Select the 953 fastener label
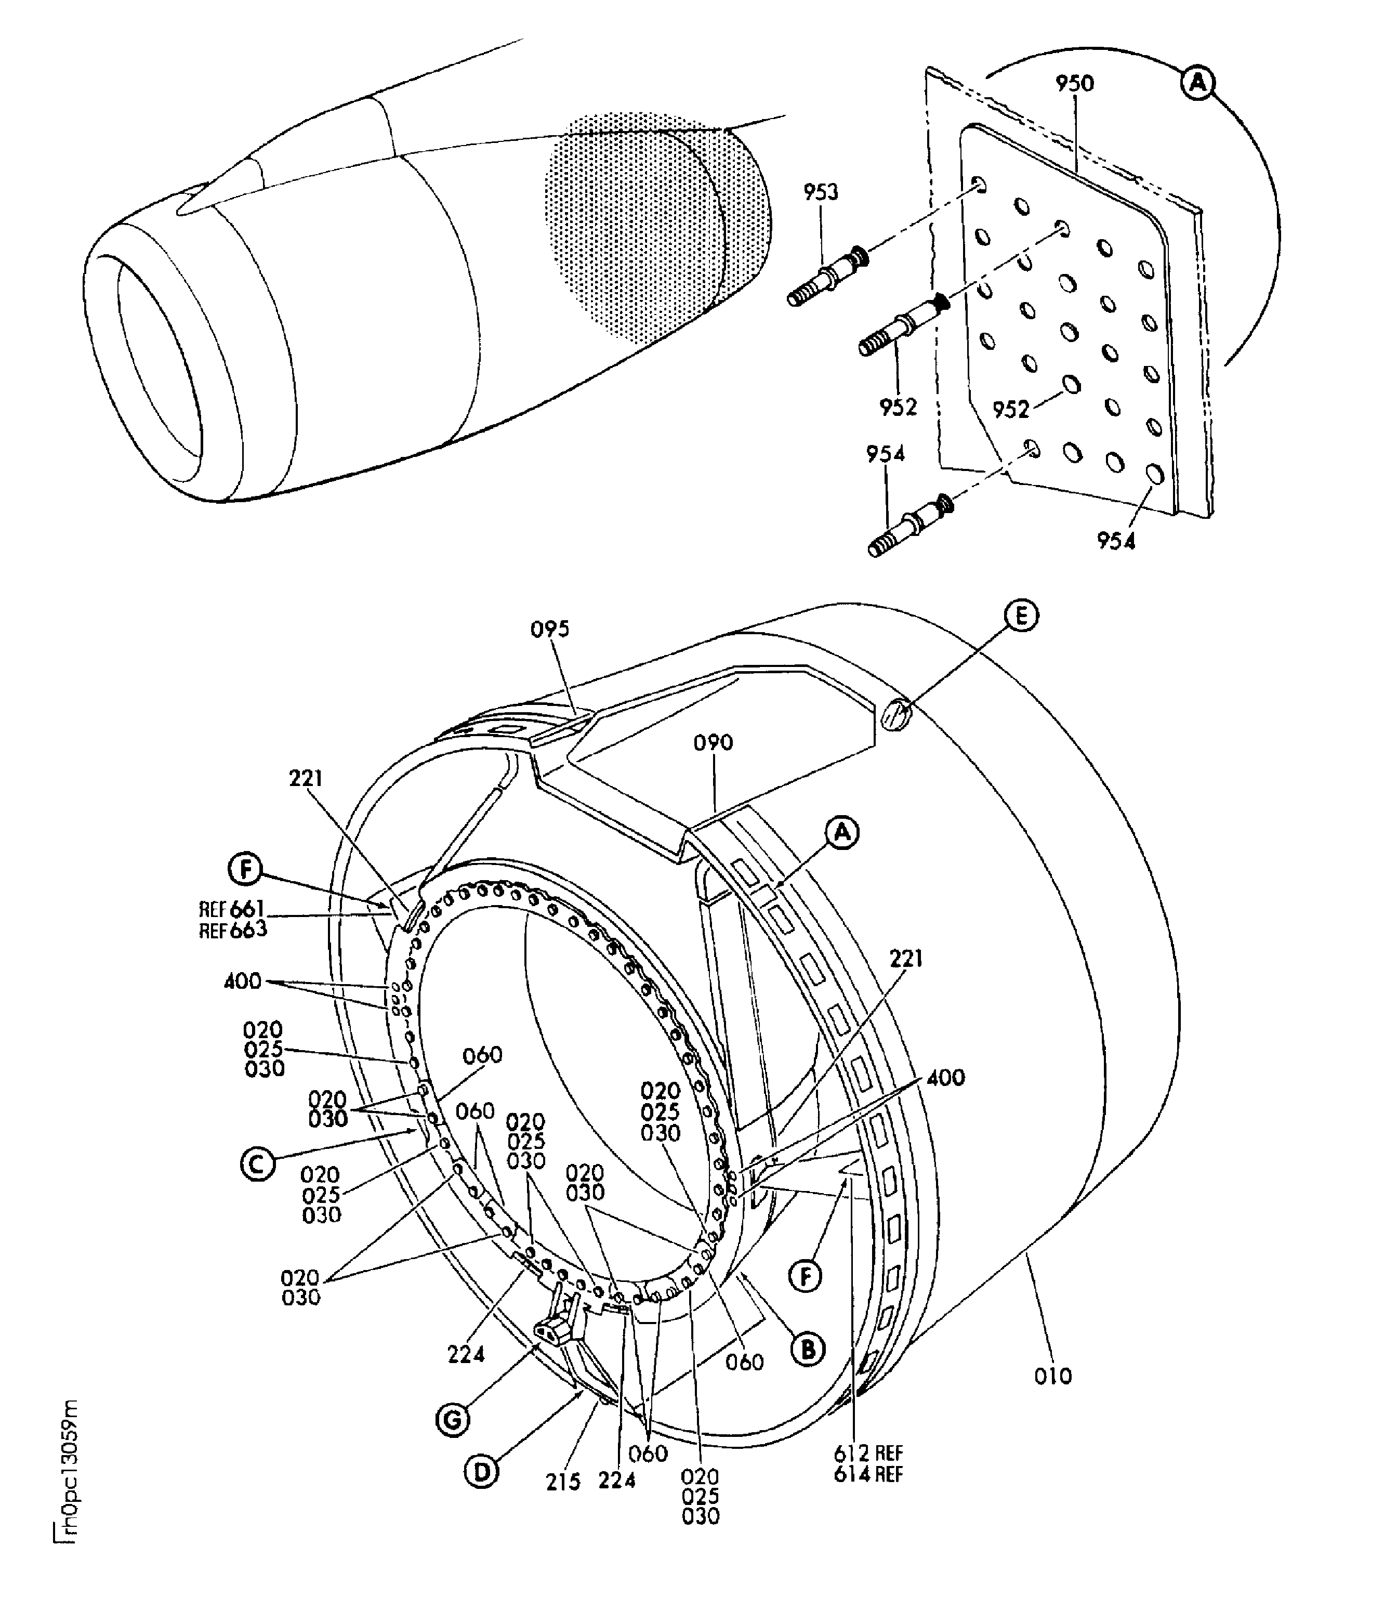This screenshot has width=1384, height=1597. (820, 192)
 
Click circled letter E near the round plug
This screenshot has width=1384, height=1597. (1022, 616)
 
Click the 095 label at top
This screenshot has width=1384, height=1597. (550, 630)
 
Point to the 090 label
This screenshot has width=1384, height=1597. (713, 743)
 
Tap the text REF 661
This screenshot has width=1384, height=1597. (232, 909)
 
